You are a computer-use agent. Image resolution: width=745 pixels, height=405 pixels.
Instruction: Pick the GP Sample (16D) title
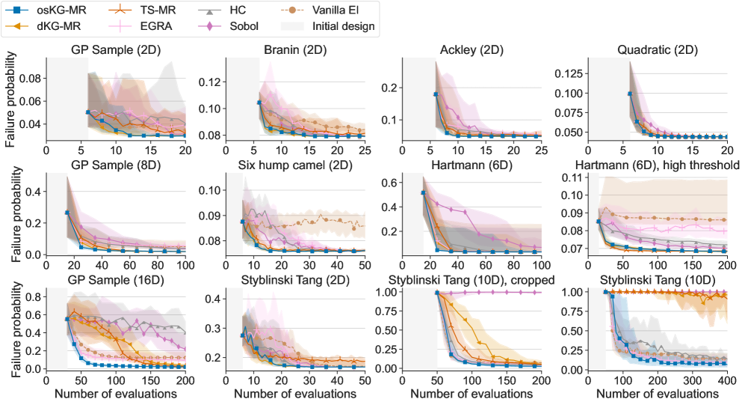[x=115, y=281]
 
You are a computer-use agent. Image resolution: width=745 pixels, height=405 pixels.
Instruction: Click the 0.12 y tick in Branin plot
[x=211, y=82]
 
